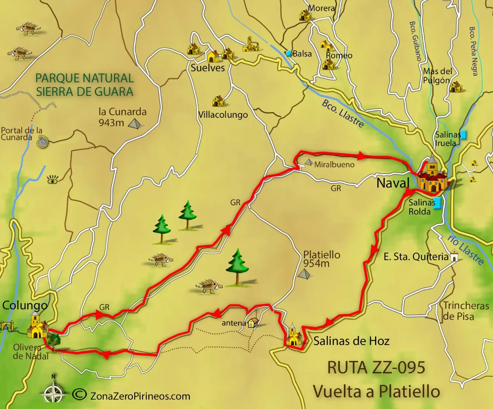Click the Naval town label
[393, 183]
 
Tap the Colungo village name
[25, 305]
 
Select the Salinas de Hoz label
[351, 341]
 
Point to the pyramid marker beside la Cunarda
[134, 124]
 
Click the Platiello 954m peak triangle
[304, 274]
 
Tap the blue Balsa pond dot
[289, 53]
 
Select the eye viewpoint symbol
[53, 180]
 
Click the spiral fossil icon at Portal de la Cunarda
[42, 142]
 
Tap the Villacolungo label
[223, 115]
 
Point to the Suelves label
[207, 68]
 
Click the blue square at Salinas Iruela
[463, 134]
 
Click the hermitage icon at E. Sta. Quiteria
[454, 256]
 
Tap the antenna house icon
[253, 323]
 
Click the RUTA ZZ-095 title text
[376, 368]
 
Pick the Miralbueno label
[334, 165]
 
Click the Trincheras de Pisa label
[466, 311]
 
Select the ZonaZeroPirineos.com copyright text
[140, 396]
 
